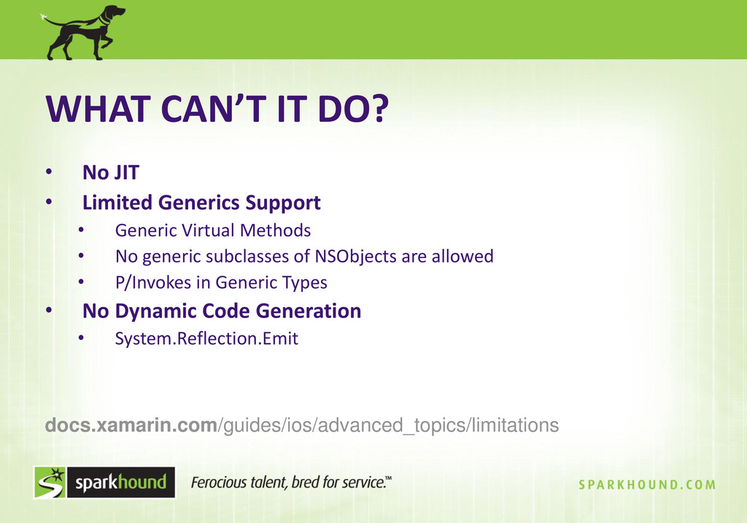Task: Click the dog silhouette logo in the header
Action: (83, 32)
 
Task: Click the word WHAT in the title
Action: (98, 109)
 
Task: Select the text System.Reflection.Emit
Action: (206, 338)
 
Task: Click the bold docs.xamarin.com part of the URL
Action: (131, 425)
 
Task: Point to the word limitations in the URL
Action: (515, 425)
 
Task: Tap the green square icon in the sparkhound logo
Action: (50, 482)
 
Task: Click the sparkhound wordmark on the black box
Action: (121, 482)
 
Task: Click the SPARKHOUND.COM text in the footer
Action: (648, 485)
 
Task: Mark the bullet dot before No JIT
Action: (49, 171)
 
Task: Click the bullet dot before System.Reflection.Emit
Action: (81, 338)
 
